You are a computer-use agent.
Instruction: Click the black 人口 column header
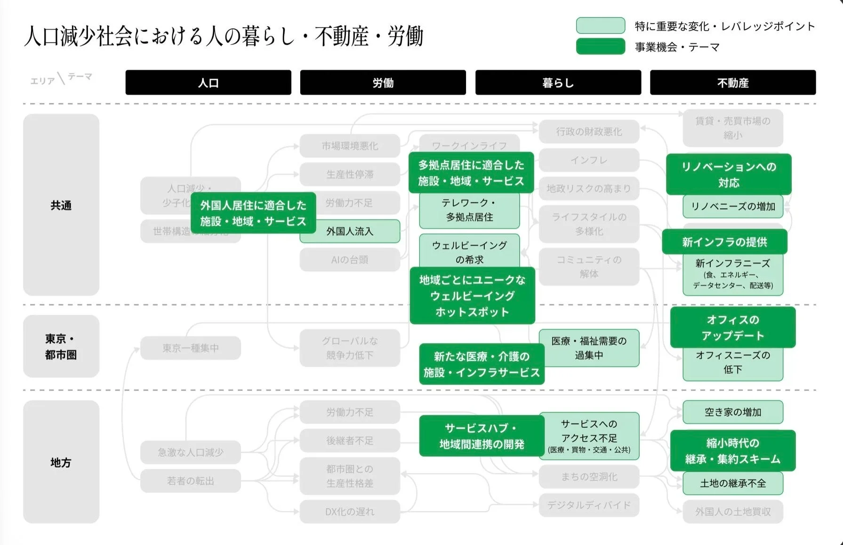point(208,83)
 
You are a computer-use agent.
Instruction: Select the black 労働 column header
point(383,83)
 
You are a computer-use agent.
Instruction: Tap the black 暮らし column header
point(558,83)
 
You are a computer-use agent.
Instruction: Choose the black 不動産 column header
point(732,83)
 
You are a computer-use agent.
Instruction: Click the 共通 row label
point(61,205)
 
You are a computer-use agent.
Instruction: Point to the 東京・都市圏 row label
point(61,346)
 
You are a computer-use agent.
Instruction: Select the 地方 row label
point(61,462)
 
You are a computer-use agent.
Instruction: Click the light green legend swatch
point(601,26)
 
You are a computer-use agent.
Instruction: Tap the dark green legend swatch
point(601,47)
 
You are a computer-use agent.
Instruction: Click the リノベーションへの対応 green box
point(729,174)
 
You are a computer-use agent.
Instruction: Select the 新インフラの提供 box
point(724,242)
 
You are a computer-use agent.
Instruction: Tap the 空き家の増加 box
point(732,412)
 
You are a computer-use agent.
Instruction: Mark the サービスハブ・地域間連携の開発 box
point(481,436)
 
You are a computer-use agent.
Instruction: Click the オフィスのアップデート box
point(732,327)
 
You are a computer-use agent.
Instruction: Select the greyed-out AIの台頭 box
point(349,260)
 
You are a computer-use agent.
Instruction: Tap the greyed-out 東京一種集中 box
point(190,348)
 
